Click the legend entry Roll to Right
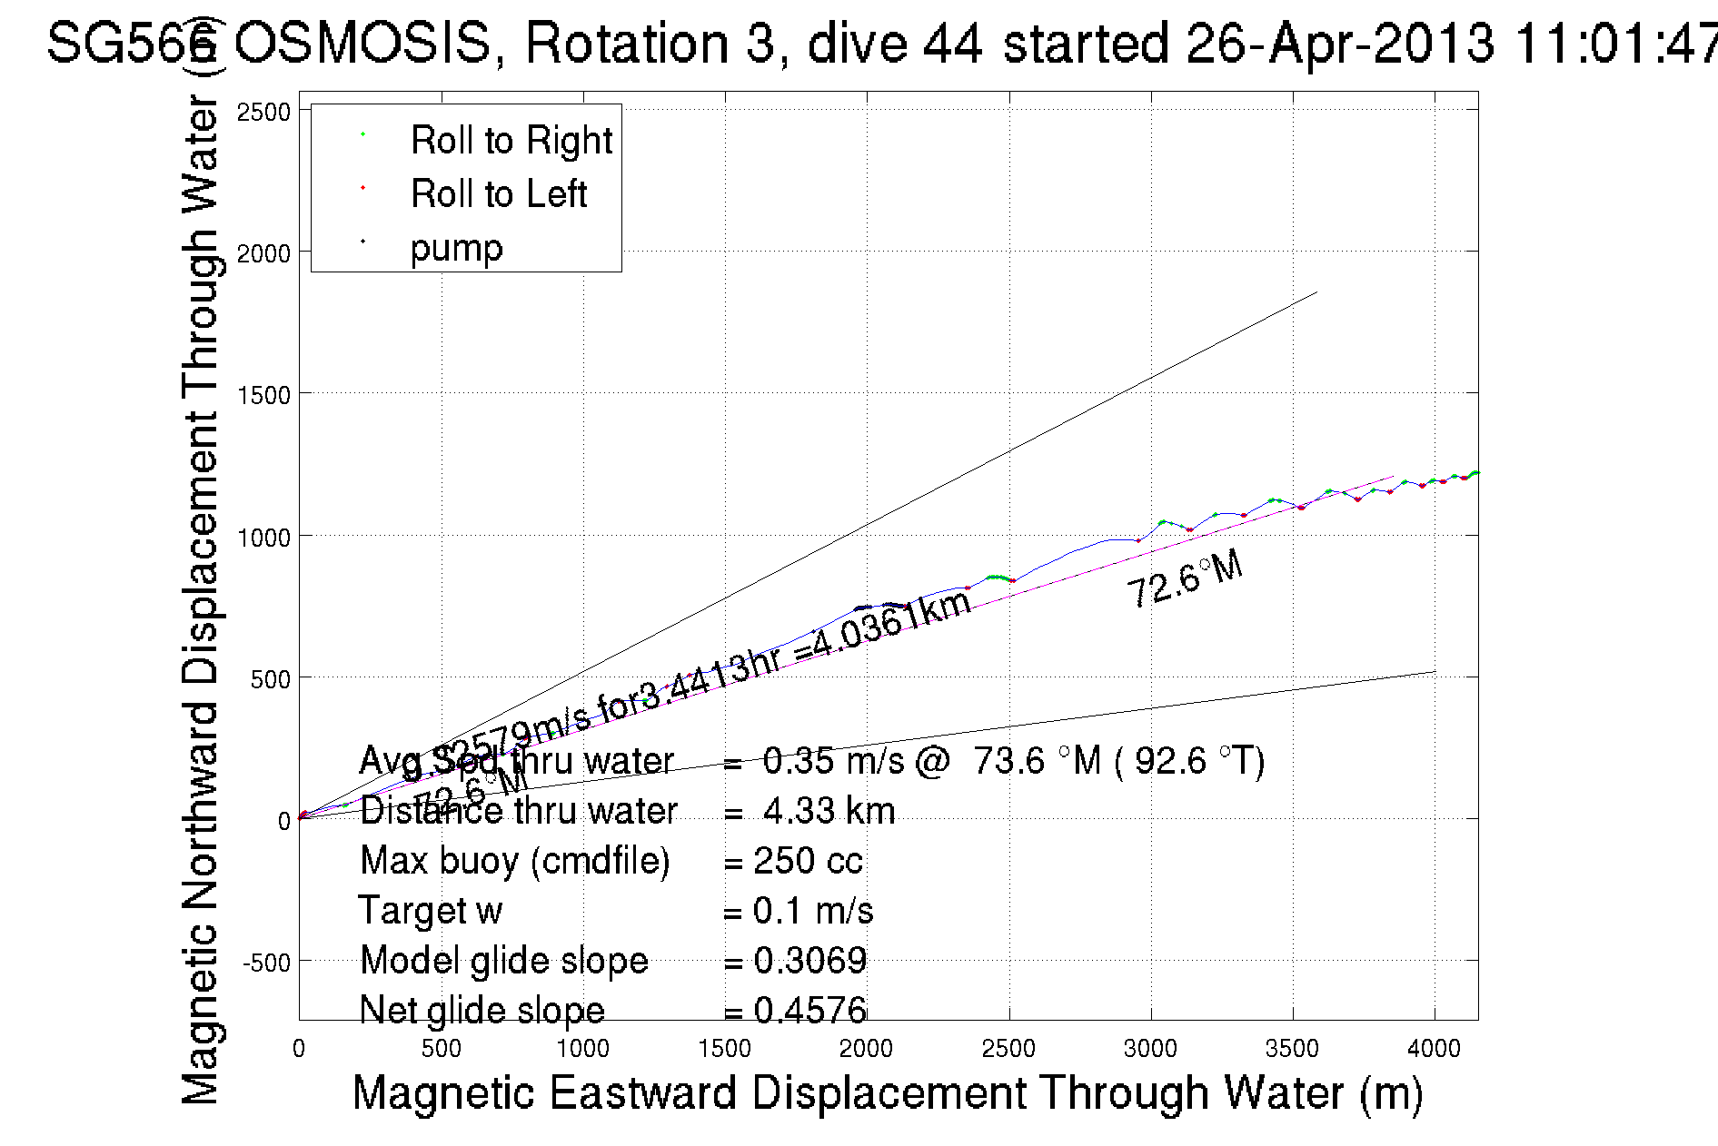click(x=511, y=141)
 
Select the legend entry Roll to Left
click(x=498, y=194)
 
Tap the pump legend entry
click(x=456, y=248)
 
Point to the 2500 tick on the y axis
click(x=263, y=113)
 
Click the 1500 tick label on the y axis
click(x=263, y=395)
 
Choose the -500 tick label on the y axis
click(x=265, y=963)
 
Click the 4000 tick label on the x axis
click(x=1434, y=1049)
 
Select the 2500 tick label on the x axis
click(x=1008, y=1049)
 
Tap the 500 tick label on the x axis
click(x=441, y=1049)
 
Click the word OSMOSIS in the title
click(x=362, y=43)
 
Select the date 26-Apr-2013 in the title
click(x=1339, y=43)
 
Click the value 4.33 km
click(x=829, y=811)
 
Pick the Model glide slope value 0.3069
click(x=809, y=961)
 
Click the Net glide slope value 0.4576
click(x=809, y=1010)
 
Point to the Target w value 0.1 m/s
click(x=813, y=911)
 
